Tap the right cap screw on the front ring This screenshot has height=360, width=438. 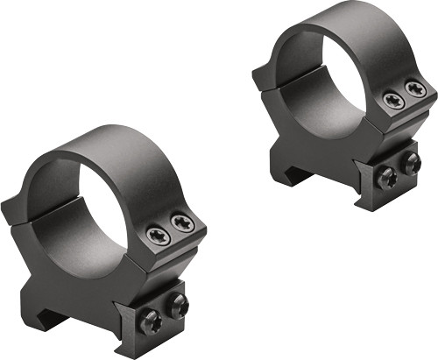pyautogui.click(x=182, y=225)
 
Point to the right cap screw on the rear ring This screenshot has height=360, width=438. pyautogui.click(x=414, y=89)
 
